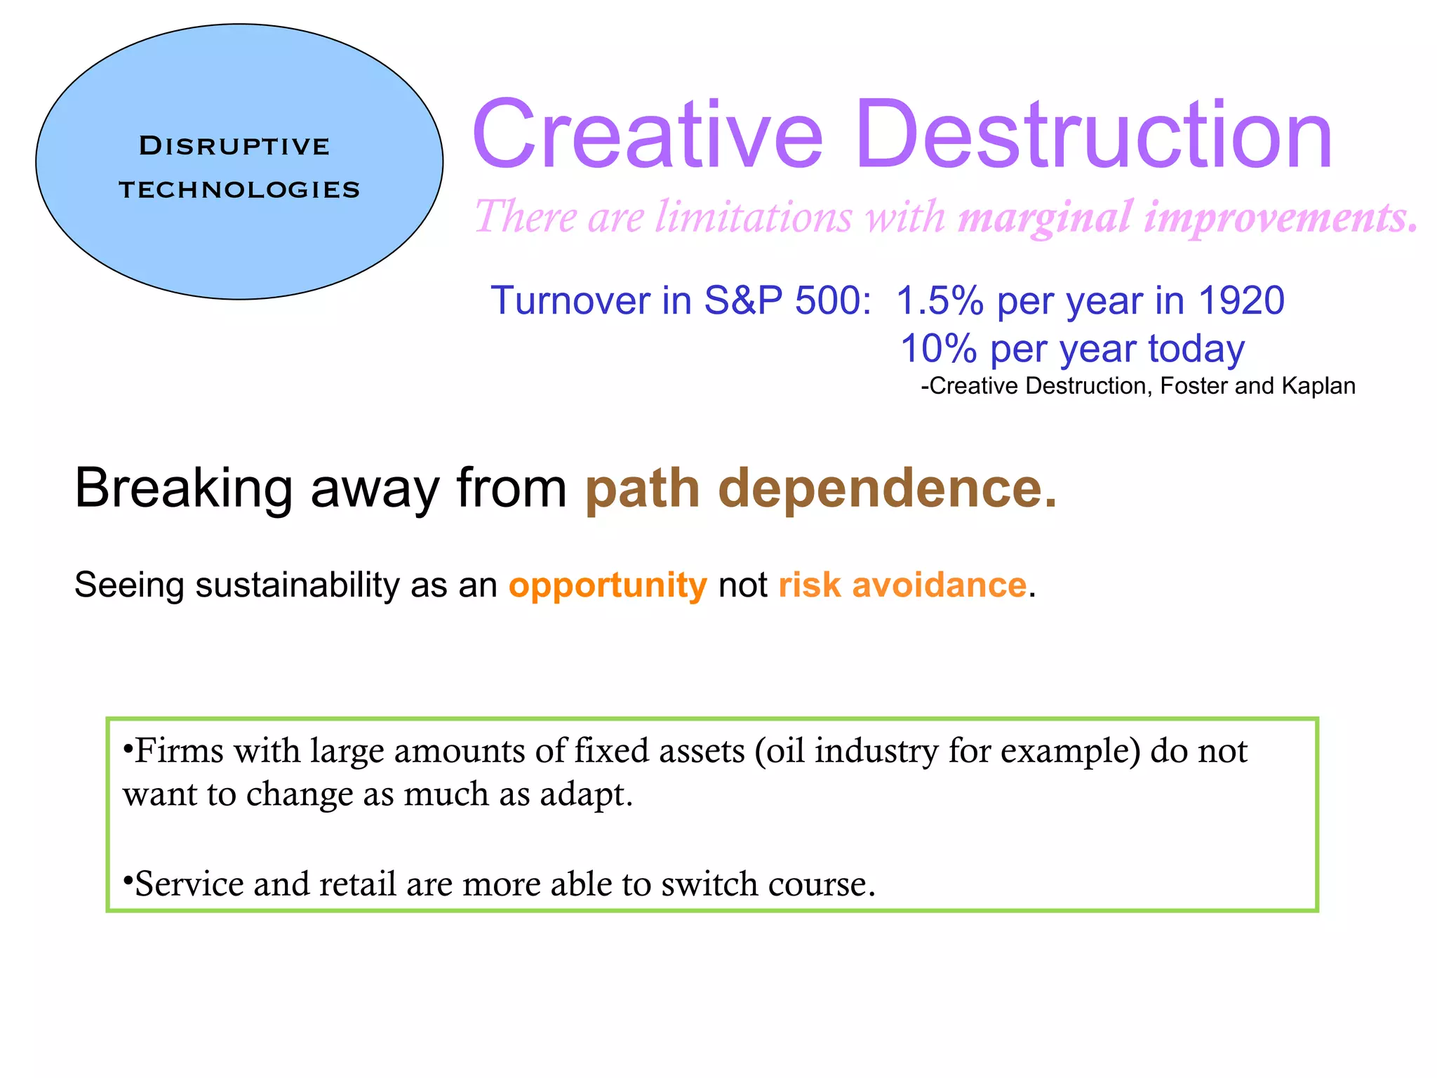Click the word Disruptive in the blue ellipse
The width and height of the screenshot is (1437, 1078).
click(234, 146)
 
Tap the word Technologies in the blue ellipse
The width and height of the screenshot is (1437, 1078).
click(239, 189)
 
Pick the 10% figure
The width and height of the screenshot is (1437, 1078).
click(939, 349)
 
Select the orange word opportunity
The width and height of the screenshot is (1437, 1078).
click(608, 585)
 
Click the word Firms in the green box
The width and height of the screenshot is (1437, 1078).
click(179, 751)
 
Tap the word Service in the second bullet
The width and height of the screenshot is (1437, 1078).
click(189, 884)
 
